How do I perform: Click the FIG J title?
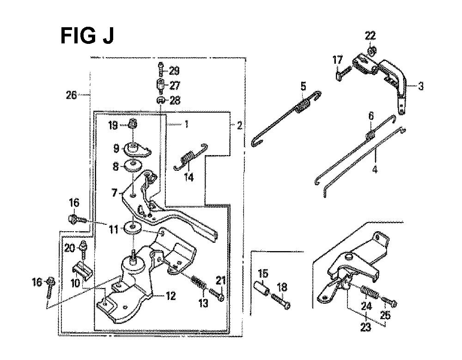point(87,36)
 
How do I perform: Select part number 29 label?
point(175,71)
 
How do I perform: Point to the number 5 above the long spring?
point(303,86)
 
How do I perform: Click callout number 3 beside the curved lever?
point(420,87)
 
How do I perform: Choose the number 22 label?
point(371,36)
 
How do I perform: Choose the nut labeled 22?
point(371,50)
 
